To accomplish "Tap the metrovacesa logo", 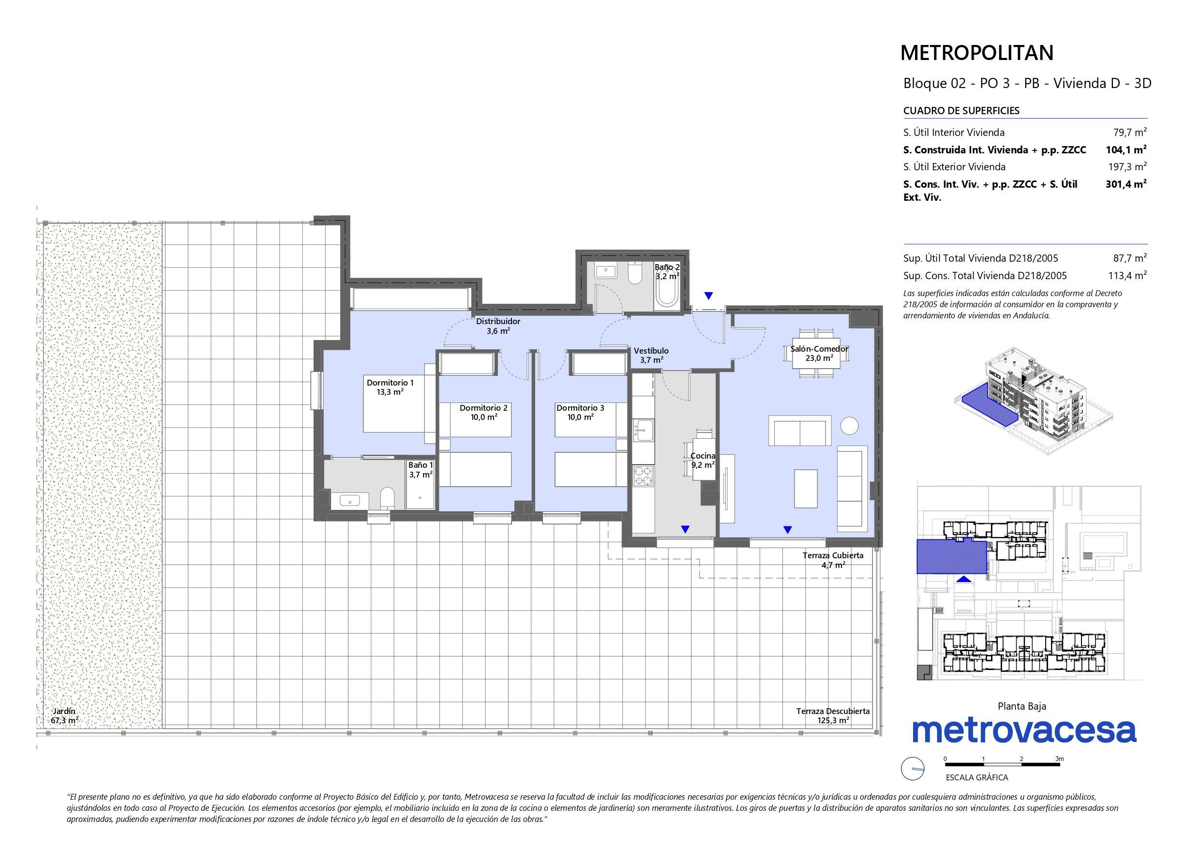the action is click(1024, 730).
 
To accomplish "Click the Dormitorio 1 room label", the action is click(390, 383).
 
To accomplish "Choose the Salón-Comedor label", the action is click(819, 349).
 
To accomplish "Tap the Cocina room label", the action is click(703, 456).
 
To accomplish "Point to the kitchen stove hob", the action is click(643, 477).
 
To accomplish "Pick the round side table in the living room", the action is click(849, 425).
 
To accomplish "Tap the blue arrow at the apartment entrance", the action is click(708, 296).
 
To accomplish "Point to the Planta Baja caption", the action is click(1022, 706).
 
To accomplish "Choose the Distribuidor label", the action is click(498, 321).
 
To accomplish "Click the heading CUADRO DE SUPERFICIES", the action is click(961, 111).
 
